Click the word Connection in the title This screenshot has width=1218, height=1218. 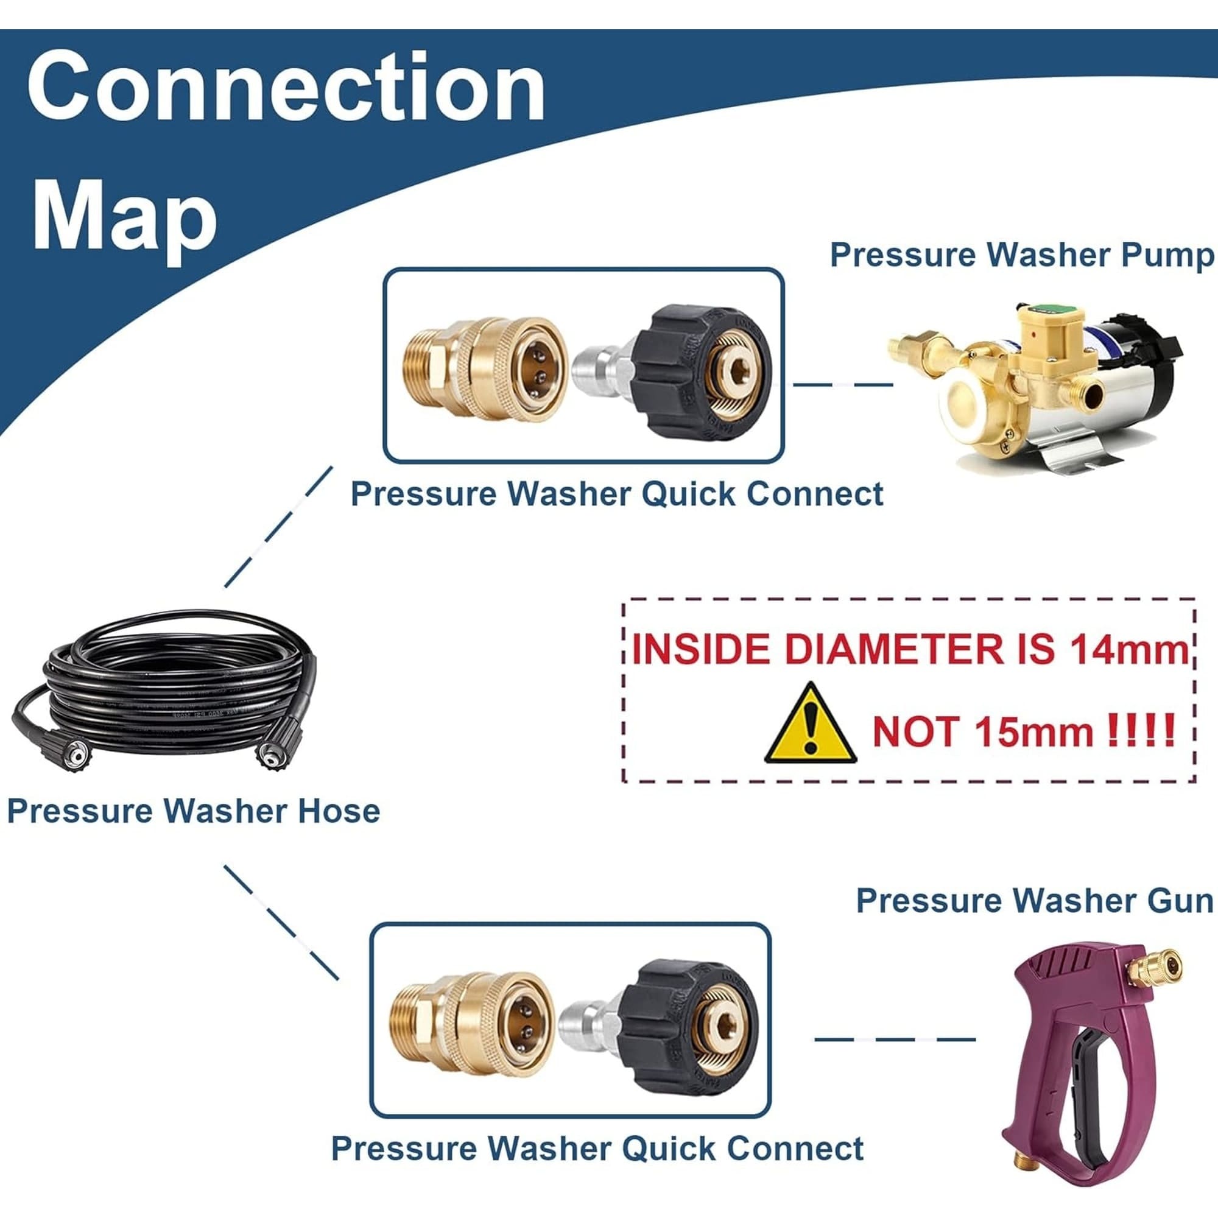[x=286, y=86]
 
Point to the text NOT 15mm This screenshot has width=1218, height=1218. [x=983, y=732]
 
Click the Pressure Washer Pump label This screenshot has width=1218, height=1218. [x=1022, y=255]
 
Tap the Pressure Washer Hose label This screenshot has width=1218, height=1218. [x=194, y=811]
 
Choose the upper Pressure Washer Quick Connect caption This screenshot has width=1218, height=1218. [x=616, y=494]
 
